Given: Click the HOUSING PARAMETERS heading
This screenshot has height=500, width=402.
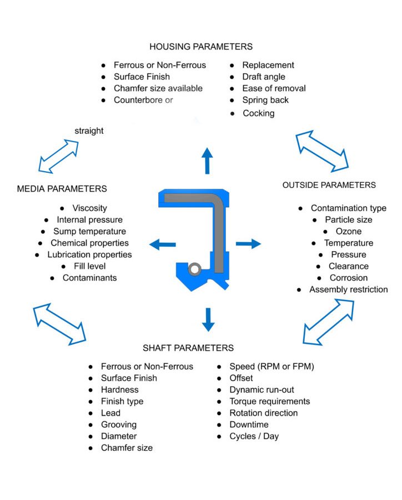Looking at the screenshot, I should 201,47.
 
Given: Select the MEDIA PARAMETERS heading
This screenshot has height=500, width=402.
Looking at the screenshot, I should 62,189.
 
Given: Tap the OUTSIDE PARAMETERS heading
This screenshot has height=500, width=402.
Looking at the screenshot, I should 329,185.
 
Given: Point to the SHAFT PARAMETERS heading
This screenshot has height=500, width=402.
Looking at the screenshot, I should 188,348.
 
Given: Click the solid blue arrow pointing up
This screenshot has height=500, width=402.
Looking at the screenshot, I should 207,161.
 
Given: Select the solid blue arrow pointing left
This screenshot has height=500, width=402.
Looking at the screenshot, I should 162,244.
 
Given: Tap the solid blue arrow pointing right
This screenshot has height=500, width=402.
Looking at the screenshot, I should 248,243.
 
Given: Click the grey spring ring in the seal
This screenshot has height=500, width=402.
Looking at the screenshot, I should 195,269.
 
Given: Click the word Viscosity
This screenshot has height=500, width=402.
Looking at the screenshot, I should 89,208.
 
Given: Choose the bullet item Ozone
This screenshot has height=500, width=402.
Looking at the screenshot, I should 349,232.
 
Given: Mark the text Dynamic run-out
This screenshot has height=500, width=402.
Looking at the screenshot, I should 262,390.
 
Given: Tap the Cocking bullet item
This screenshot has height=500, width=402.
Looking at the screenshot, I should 258,113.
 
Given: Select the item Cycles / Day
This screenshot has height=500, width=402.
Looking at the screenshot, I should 254,437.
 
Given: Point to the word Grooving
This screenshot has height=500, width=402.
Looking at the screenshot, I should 119,425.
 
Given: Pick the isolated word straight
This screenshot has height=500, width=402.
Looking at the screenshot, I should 89,131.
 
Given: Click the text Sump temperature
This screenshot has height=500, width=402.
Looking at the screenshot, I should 89,232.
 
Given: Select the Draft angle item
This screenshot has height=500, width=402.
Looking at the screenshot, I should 264,77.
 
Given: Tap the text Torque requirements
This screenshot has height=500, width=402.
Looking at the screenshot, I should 270,402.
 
